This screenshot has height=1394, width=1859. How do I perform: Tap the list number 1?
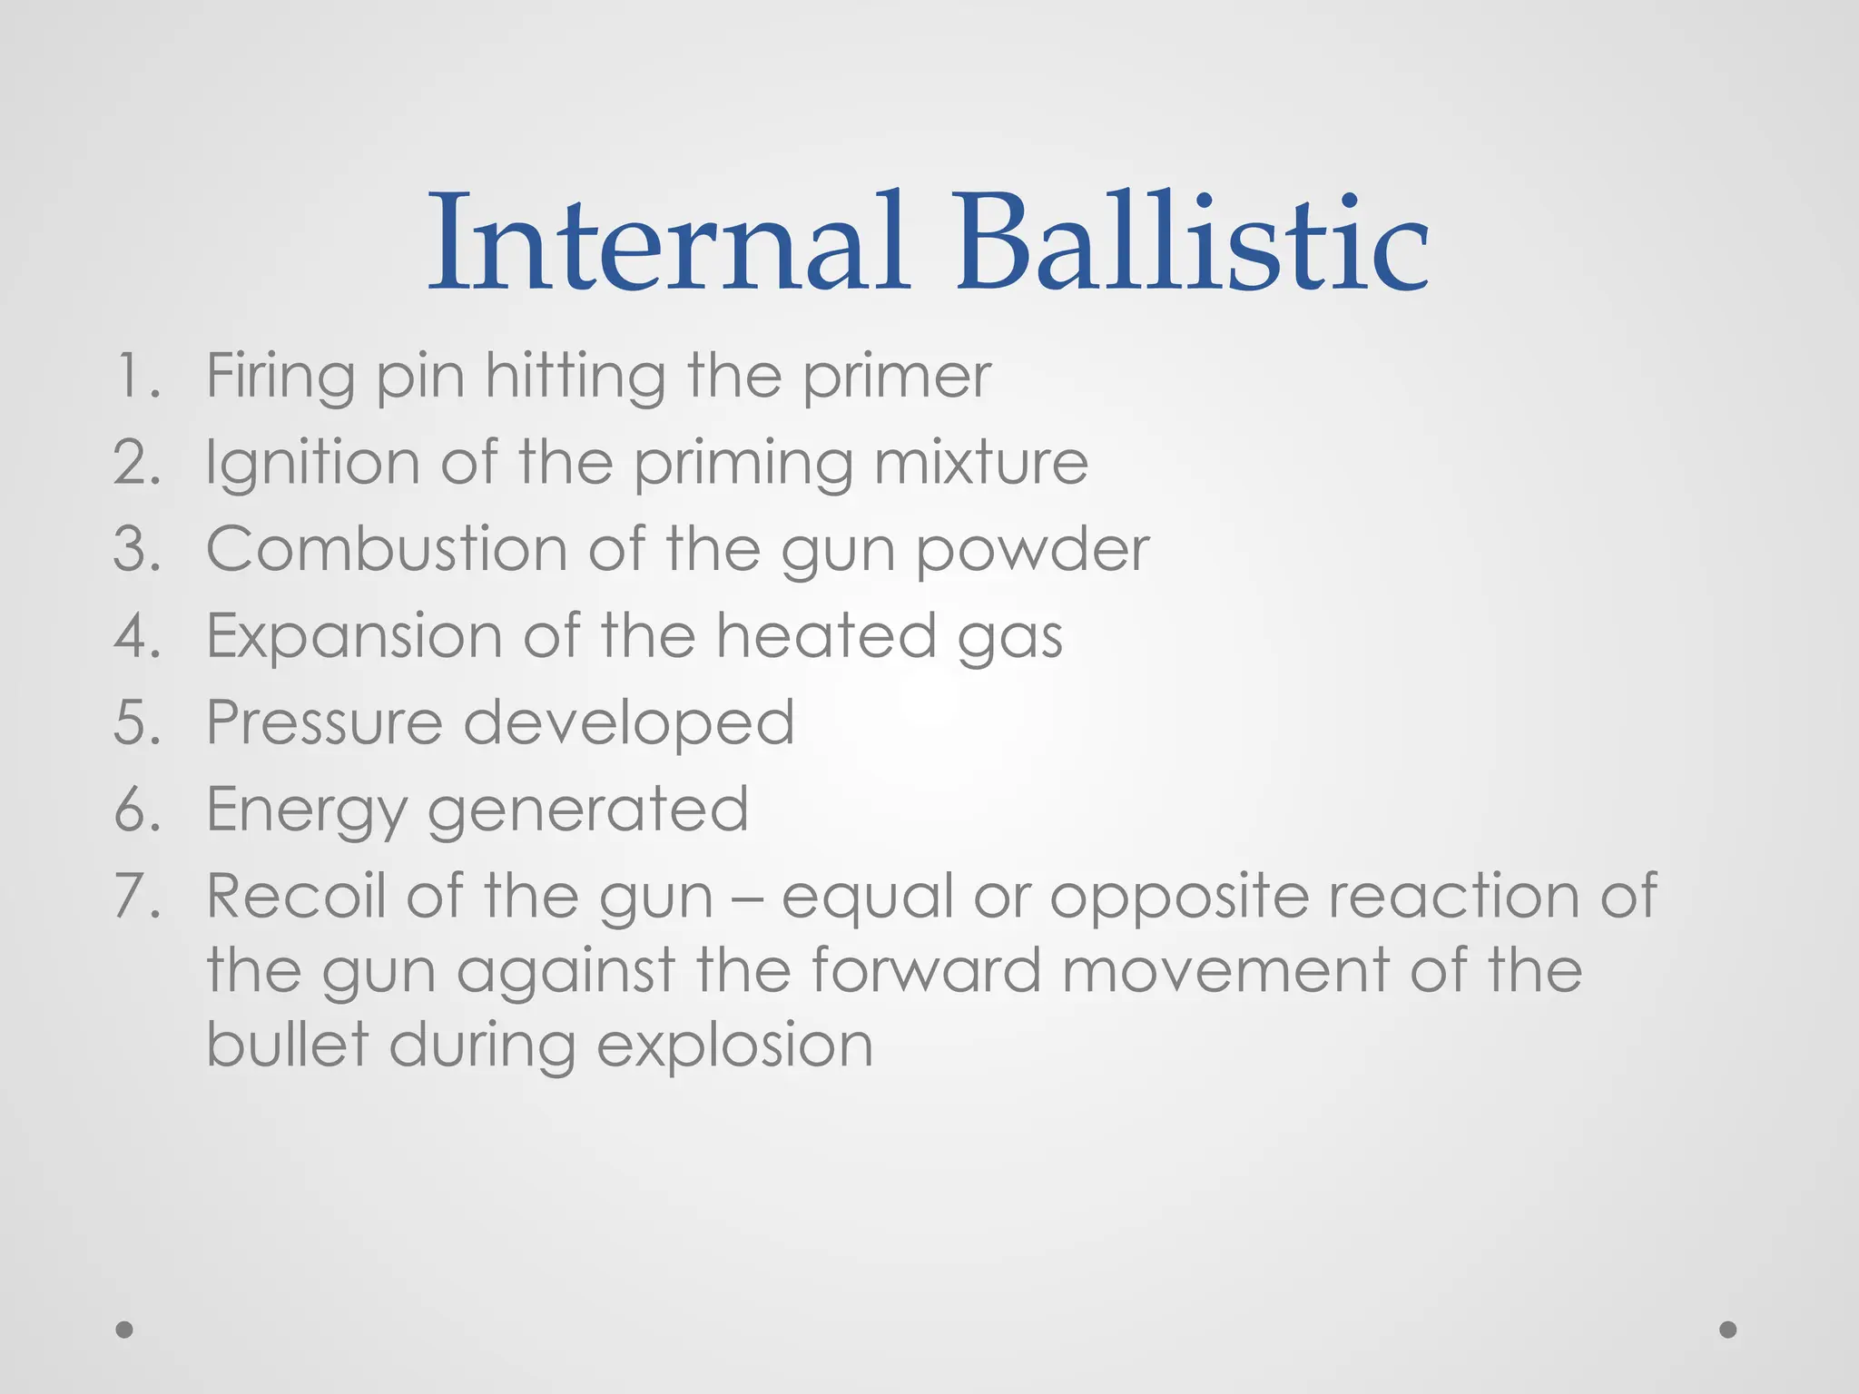coord(136,376)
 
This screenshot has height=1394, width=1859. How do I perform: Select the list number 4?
coord(137,635)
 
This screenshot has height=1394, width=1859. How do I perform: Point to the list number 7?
coord(137,896)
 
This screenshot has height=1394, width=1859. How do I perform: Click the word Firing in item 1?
coord(280,376)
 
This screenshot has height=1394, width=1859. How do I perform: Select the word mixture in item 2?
coord(981,463)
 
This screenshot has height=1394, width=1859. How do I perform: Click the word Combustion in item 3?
coord(387,549)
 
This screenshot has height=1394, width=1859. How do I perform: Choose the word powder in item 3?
coord(1032,551)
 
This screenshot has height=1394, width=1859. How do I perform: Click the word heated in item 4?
coord(826,635)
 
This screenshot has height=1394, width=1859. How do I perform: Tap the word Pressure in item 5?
coord(324,722)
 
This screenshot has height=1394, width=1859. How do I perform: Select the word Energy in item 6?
coord(306,810)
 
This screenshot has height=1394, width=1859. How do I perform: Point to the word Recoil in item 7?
coord(295,896)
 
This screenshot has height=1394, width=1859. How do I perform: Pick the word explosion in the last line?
coord(734,1046)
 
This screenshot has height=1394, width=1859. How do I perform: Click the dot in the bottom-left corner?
coord(125,1330)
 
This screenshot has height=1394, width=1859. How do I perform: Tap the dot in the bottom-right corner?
coord(1728,1330)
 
